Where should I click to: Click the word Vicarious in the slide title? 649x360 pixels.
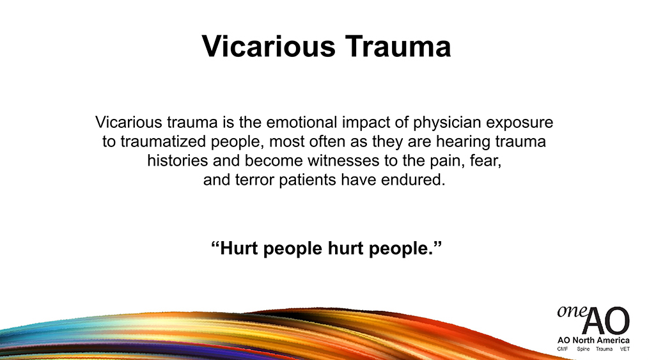point(268,46)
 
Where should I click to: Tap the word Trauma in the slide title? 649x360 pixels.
point(398,46)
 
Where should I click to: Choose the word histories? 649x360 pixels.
point(178,160)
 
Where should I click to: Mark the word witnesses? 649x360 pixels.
point(343,160)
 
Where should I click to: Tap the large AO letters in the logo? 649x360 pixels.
point(606,321)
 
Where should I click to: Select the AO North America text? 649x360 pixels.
point(593,340)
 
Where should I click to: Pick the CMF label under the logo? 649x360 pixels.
point(563,349)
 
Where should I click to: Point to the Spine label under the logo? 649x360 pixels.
point(583,349)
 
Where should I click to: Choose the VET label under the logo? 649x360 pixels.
point(625,349)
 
